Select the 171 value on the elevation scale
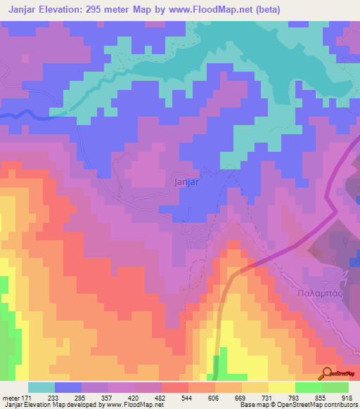(27, 398)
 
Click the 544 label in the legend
(188, 398)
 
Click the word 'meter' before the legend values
(11, 398)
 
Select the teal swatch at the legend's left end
(41, 387)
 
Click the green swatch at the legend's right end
(335, 387)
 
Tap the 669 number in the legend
(241, 398)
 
